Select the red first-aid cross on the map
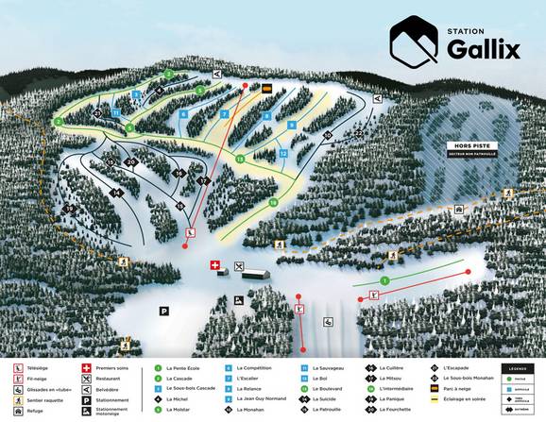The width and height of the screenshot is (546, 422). (x=214, y=265)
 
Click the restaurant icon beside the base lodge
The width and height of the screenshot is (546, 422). (x=239, y=265)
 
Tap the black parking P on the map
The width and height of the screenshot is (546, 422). (x=163, y=310)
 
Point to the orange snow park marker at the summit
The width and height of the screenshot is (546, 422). (x=267, y=89)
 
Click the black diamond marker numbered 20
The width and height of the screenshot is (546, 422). (x=131, y=162)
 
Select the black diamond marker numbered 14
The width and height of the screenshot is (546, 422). (x=118, y=192)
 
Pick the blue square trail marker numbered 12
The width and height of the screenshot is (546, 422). (x=282, y=153)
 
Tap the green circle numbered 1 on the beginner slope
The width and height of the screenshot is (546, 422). (x=384, y=280)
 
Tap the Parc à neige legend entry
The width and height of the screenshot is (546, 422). (x=455, y=388)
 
